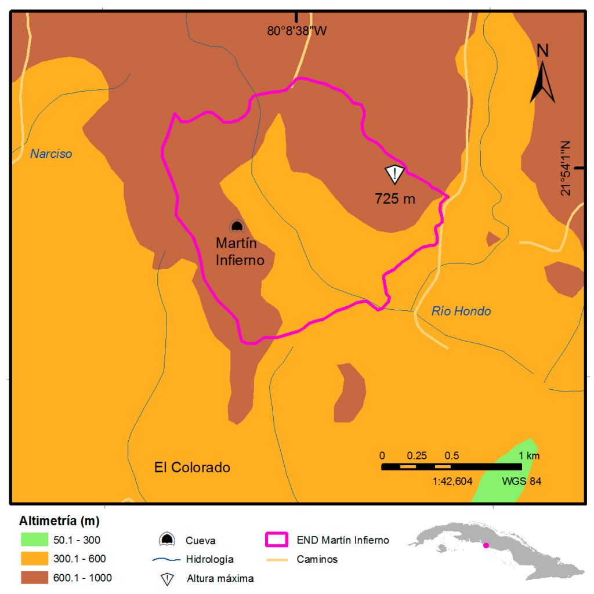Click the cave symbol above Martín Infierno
click(x=236, y=226)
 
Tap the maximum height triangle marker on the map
click(x=394, y=173)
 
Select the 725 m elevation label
click(x=395, y=199)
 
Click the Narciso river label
click(x=51, y=154)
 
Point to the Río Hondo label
click(x=461, y=312)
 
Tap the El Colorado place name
click(x=192, y=468)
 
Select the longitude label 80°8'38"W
click(x=297, y=31)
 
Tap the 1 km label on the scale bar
click(x=530, y=455)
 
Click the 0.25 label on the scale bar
click(x=417, y=455)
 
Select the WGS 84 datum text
click(x=521, y=481)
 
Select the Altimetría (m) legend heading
click(x=59, y=519)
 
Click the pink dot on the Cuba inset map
click(x=486, y=545)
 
